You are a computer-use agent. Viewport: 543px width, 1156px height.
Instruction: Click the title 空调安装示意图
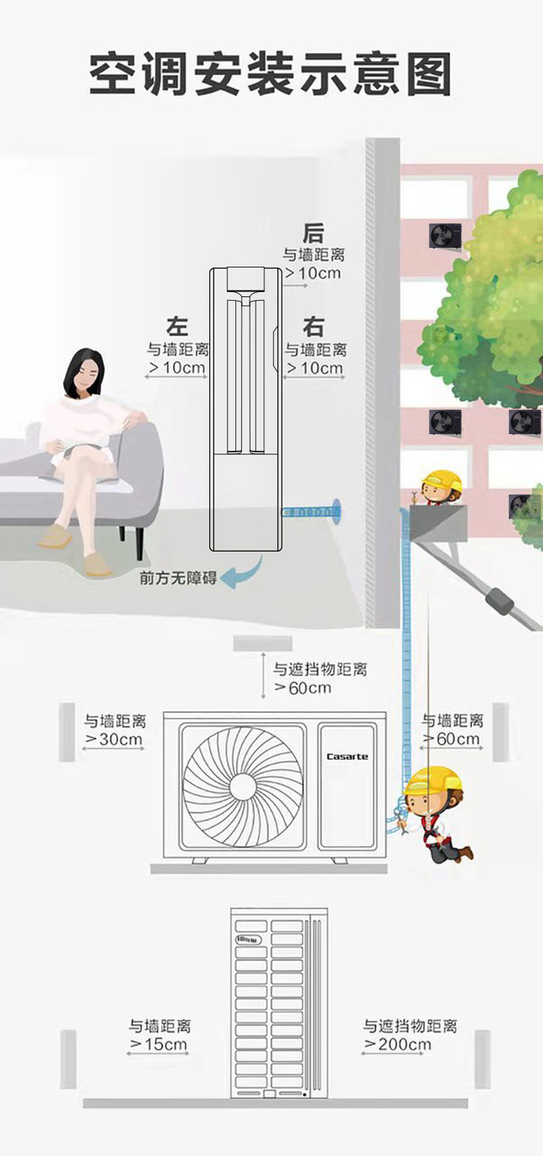click(271, 74)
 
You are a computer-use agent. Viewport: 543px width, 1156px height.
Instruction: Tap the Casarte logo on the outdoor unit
click(347, 757)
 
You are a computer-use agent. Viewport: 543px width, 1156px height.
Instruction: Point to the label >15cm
click(159, 1044)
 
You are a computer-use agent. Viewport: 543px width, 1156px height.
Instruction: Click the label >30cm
click(114, 739)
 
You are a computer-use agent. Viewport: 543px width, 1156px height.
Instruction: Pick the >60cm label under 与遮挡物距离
click(303, 688)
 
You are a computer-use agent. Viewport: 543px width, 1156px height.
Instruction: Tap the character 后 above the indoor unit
click(313, 233)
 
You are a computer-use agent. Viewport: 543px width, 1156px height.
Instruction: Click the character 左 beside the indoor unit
click(177, 326)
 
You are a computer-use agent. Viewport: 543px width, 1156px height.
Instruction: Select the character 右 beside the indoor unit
click(313, 327)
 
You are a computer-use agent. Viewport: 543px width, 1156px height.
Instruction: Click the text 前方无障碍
click(178, 578)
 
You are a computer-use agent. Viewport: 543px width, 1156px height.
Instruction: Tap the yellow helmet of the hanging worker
click(433, 780)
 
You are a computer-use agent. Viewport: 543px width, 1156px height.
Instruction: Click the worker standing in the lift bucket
click(440, 487)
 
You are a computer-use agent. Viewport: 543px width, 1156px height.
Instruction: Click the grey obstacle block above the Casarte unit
click(262, 643)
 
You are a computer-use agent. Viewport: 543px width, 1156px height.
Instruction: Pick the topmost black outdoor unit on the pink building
click(445, 236)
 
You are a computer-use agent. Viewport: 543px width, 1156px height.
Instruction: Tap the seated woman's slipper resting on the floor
click(96, 564)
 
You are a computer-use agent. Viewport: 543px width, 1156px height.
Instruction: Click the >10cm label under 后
click(313, 273)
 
